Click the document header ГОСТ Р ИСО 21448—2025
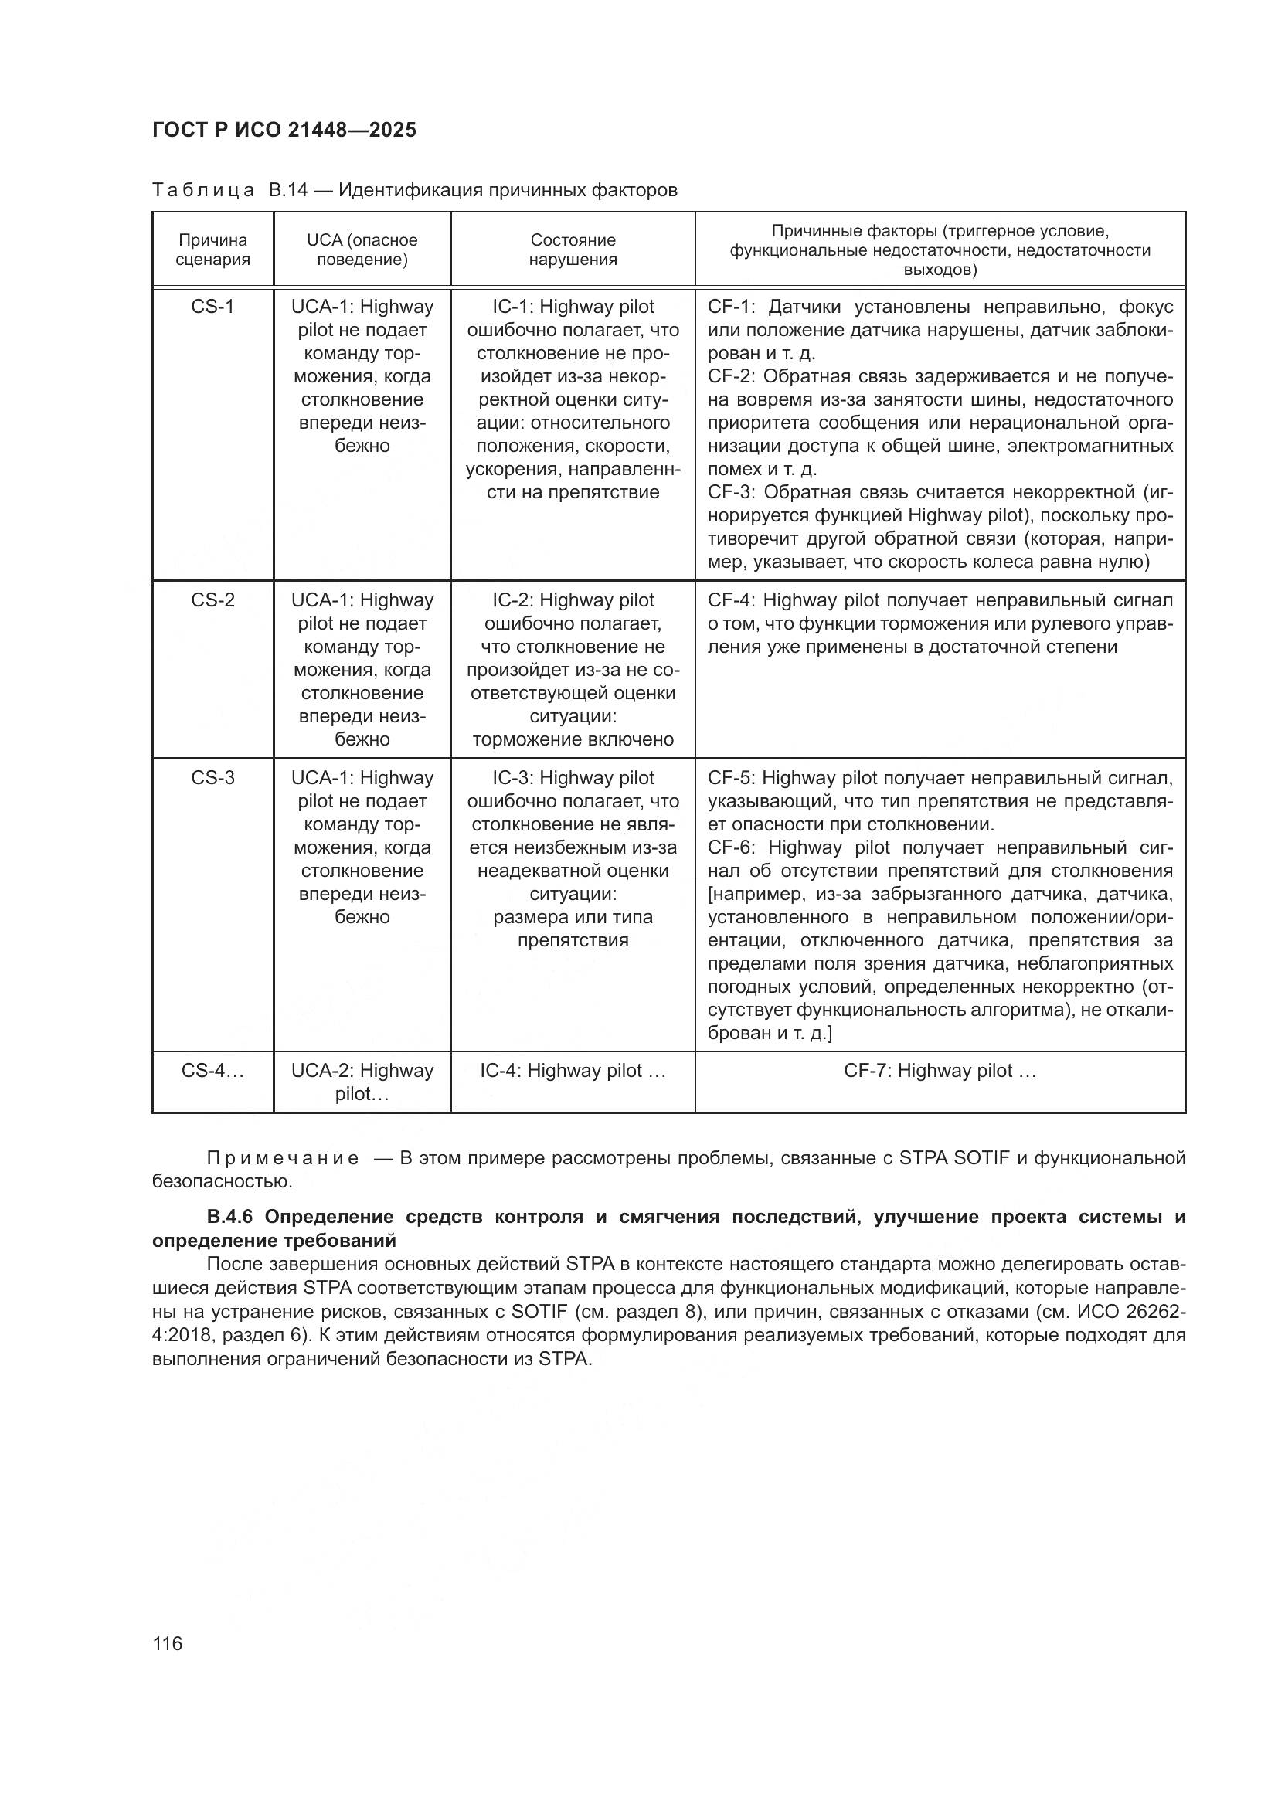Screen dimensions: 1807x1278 (x=284, y=131)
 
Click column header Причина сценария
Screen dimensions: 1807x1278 (x=212, y=250)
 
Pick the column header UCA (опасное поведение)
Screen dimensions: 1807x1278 (x=362, y=250)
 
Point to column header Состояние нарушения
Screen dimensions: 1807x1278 (x=573, y=250)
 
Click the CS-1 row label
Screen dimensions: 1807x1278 (x=212, y=307)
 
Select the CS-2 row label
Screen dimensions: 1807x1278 (x=212, y=600)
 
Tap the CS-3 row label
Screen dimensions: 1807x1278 (x=212, y=779)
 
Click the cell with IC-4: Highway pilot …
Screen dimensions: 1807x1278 (x=573, y=1071)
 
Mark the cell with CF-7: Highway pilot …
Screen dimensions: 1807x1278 (x=940, y=1071)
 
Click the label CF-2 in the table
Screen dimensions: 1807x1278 (x=730, y=377)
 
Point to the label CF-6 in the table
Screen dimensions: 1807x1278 (x=730, y=847)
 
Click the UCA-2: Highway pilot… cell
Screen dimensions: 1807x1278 (x=362, y=1082)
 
